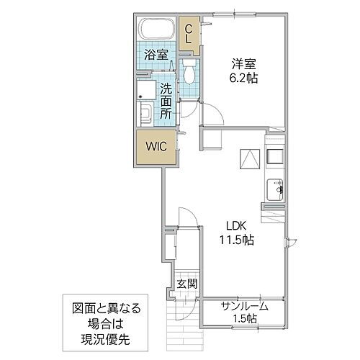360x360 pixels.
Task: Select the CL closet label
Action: point(189,33)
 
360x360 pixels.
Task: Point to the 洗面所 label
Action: point(166,102)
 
